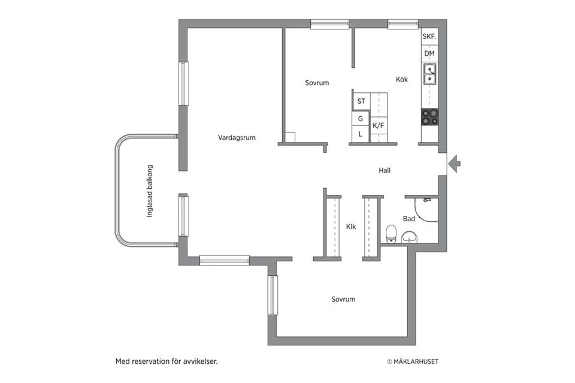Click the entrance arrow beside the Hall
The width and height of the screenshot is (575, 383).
(455, 164)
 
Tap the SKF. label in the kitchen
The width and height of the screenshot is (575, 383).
(429, 37)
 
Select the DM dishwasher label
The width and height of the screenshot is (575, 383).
(429, 53)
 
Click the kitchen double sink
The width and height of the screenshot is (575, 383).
(430, 74)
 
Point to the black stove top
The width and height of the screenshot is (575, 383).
(430, 117)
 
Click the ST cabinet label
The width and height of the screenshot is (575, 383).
(361, 101)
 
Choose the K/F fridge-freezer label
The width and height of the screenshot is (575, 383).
(379, 126)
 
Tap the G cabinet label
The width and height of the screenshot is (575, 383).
(361, 119)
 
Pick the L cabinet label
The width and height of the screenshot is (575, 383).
(360, 134)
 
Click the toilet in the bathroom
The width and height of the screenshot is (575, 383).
(392, 234)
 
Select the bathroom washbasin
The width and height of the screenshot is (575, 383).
(409, 237)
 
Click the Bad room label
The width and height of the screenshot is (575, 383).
(409, 219)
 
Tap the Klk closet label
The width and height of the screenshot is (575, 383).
(351, 227)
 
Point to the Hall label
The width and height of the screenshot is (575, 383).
(385, 170)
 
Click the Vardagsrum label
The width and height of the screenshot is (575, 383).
(237, 138)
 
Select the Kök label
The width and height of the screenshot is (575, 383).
(402, 79)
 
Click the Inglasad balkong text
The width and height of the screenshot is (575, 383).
(150, 191)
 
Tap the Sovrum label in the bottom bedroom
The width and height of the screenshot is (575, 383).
(343, 299)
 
